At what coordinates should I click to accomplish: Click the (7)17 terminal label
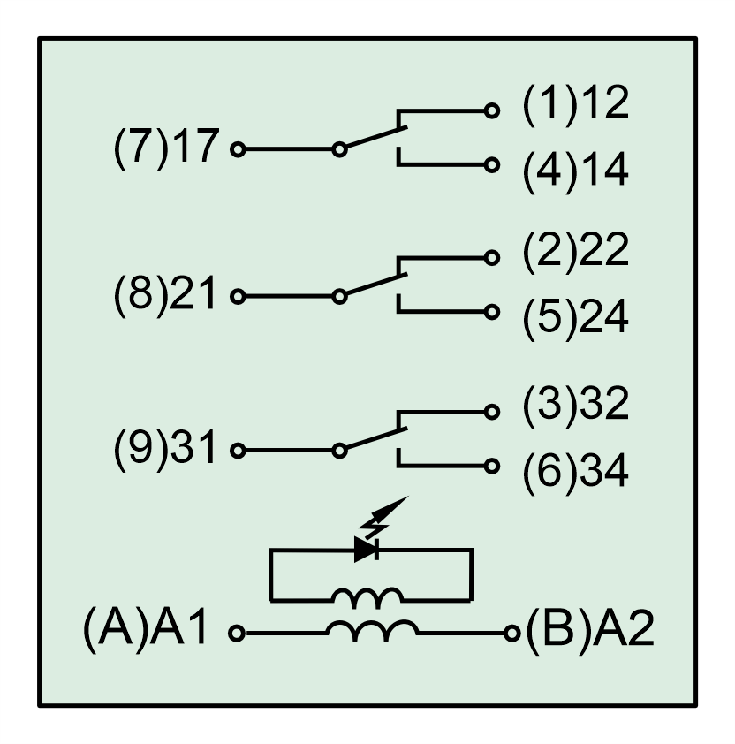click(165, 148)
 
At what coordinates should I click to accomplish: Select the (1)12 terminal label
click(575, 105)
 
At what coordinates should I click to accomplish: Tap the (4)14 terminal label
click(575, 171)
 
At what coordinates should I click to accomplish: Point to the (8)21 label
click(165, 295)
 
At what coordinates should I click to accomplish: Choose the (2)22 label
click(575, 252)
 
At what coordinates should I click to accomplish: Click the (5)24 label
click(575, 318)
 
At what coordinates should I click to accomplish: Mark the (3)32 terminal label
click(575, 405)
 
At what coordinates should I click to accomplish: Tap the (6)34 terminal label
click(575, 472)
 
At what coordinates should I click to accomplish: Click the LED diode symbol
click(367, 550)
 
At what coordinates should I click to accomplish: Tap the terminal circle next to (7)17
click(238, 149)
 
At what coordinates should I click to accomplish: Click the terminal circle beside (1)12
click(493, 110)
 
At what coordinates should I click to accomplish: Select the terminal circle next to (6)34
click(493, 467)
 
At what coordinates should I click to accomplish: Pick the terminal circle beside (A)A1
click(236, 633)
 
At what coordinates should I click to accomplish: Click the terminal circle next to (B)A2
click(511, 633)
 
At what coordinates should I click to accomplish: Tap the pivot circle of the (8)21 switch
click(339, 297)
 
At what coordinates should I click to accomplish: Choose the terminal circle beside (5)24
click(493, 312)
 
